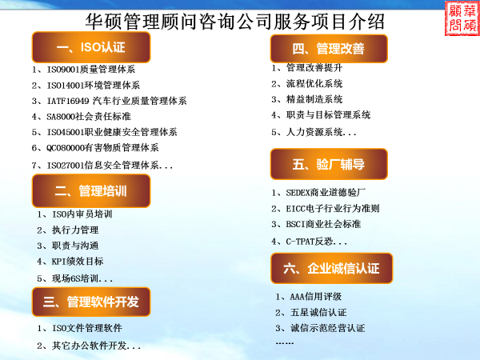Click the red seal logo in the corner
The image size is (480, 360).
coord(462,18)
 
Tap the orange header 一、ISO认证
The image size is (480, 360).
coord(91,47)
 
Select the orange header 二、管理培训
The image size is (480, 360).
coord(91,190)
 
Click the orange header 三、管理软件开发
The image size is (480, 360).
coord(91,302)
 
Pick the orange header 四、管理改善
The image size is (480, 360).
coord(329,49)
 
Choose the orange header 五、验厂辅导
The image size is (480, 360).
coord(329,164)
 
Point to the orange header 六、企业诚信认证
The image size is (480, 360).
coord(331,268)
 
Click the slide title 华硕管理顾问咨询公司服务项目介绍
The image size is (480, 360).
coord(234,22)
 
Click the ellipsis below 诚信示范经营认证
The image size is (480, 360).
coord(285,343)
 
